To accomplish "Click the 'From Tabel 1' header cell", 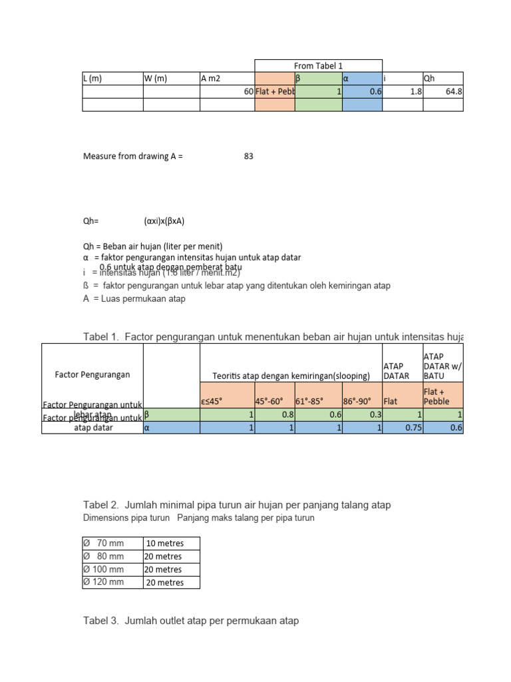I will [318, 65].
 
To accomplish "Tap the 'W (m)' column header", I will [156, 79].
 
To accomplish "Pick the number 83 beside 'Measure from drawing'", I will [248, 157].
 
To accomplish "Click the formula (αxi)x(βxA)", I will [164, 221].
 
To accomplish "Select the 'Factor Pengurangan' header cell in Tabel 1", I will [92, 374].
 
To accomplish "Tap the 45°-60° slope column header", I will [269, 402].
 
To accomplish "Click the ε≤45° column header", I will [213, 402].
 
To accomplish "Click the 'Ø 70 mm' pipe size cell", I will [104, 543].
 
